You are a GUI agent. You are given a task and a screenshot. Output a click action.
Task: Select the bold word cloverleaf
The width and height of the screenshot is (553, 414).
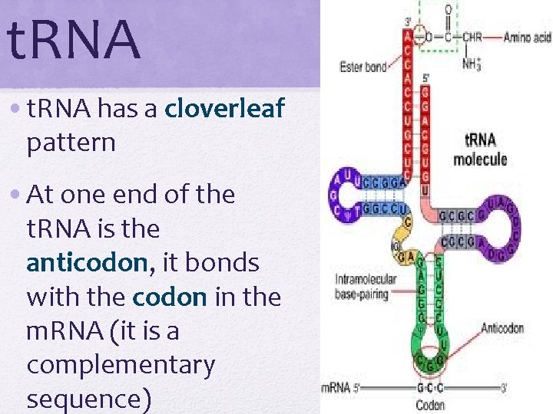point(225,110)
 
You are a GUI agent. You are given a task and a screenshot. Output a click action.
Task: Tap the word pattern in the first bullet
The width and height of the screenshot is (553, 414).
point(71,142)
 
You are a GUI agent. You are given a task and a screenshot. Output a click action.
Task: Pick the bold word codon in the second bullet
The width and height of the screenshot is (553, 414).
point(170,297)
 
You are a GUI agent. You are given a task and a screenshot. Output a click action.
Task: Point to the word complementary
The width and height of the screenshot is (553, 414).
point(121,365)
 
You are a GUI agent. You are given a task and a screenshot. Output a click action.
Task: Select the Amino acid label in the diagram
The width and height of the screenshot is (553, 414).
point(527,37)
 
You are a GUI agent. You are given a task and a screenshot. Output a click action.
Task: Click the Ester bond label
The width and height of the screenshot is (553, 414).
point(363,67)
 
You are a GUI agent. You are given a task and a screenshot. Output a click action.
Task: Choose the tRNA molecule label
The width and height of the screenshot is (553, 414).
point(479,149)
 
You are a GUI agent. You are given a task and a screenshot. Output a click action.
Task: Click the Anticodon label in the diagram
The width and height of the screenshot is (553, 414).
point(502,328)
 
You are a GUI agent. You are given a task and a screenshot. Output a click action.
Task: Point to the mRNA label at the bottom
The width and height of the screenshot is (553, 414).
point(335,388)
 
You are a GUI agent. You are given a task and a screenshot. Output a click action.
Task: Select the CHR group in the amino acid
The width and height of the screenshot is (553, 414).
point(472,37)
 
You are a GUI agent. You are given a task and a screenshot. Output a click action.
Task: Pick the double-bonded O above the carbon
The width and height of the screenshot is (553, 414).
point(448,9)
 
